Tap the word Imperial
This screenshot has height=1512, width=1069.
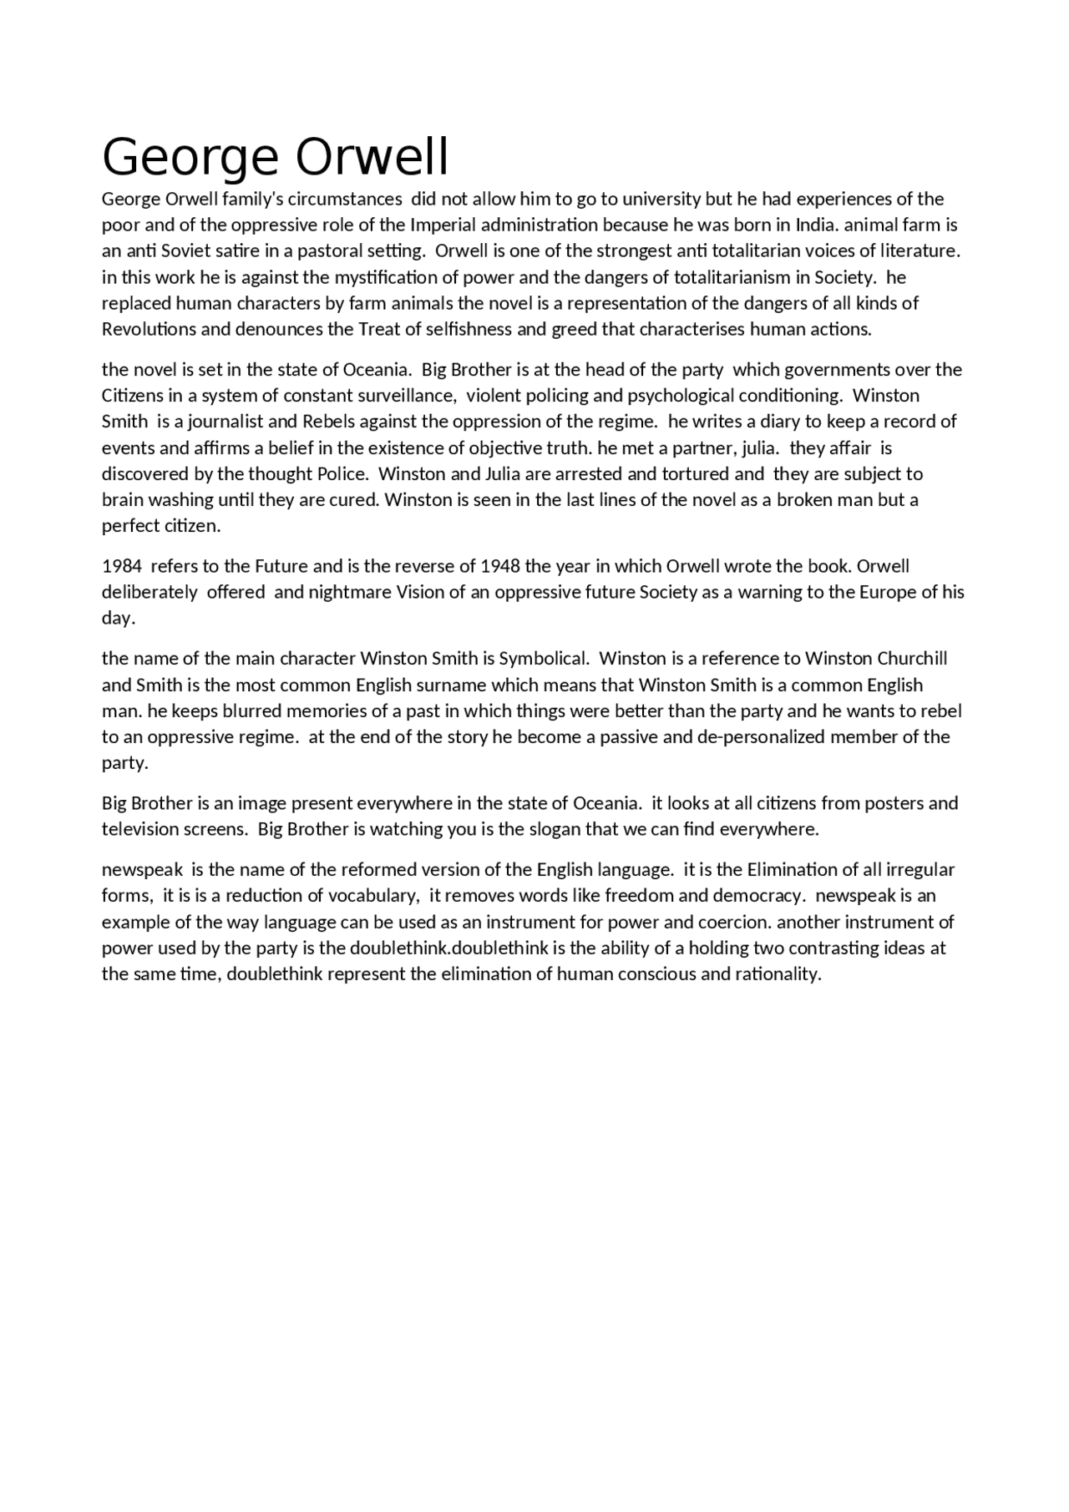tap(443, 225)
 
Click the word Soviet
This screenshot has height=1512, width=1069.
tap(170, 250)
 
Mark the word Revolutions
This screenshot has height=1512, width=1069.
tap(149, 329)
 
